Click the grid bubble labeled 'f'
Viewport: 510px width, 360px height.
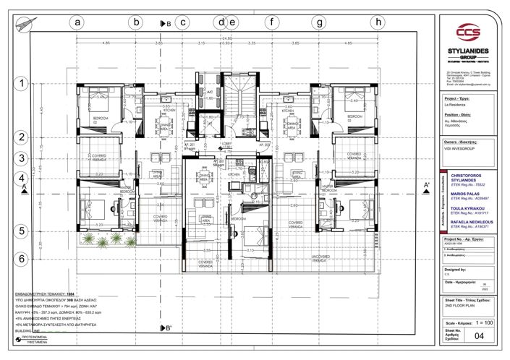[x=271, y=22]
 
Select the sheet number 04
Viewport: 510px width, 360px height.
[x=477, y=335]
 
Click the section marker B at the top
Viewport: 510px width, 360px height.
[x=164, y=23]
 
